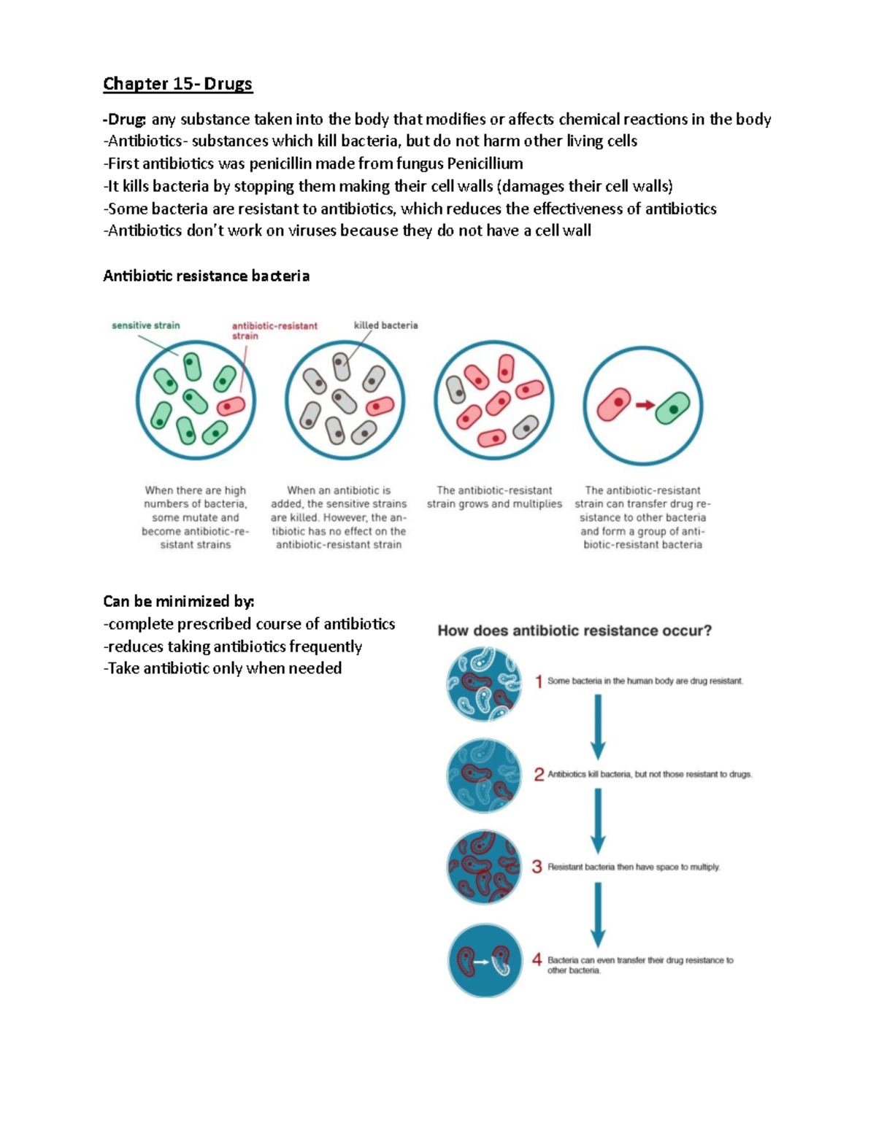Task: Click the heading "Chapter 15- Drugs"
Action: click(x=177, y=84)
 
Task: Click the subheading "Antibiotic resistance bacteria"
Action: click(x=206, y=276)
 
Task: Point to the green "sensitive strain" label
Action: click(x=145, y=325)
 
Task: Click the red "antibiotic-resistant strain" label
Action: click(x=274, y=330)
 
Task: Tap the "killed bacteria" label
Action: click(x=385, y=325)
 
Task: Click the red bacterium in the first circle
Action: click(x=231, y=405)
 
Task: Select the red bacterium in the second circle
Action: click(x=380, y=405)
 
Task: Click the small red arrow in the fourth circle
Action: click(x=645, y=405)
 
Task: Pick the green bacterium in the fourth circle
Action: click(x=672, y=409)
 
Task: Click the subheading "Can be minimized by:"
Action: click(x=178, y=601)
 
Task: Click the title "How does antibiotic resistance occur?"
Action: click(x=575, y=630)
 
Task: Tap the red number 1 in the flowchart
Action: click(x=539, y=681)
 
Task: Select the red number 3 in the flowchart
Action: click(x=537, y=867)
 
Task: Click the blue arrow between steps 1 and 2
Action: click(x=598, y=727)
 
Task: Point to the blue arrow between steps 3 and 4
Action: click(x=598, y=914)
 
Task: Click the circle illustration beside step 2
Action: click(x=484, y=775)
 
